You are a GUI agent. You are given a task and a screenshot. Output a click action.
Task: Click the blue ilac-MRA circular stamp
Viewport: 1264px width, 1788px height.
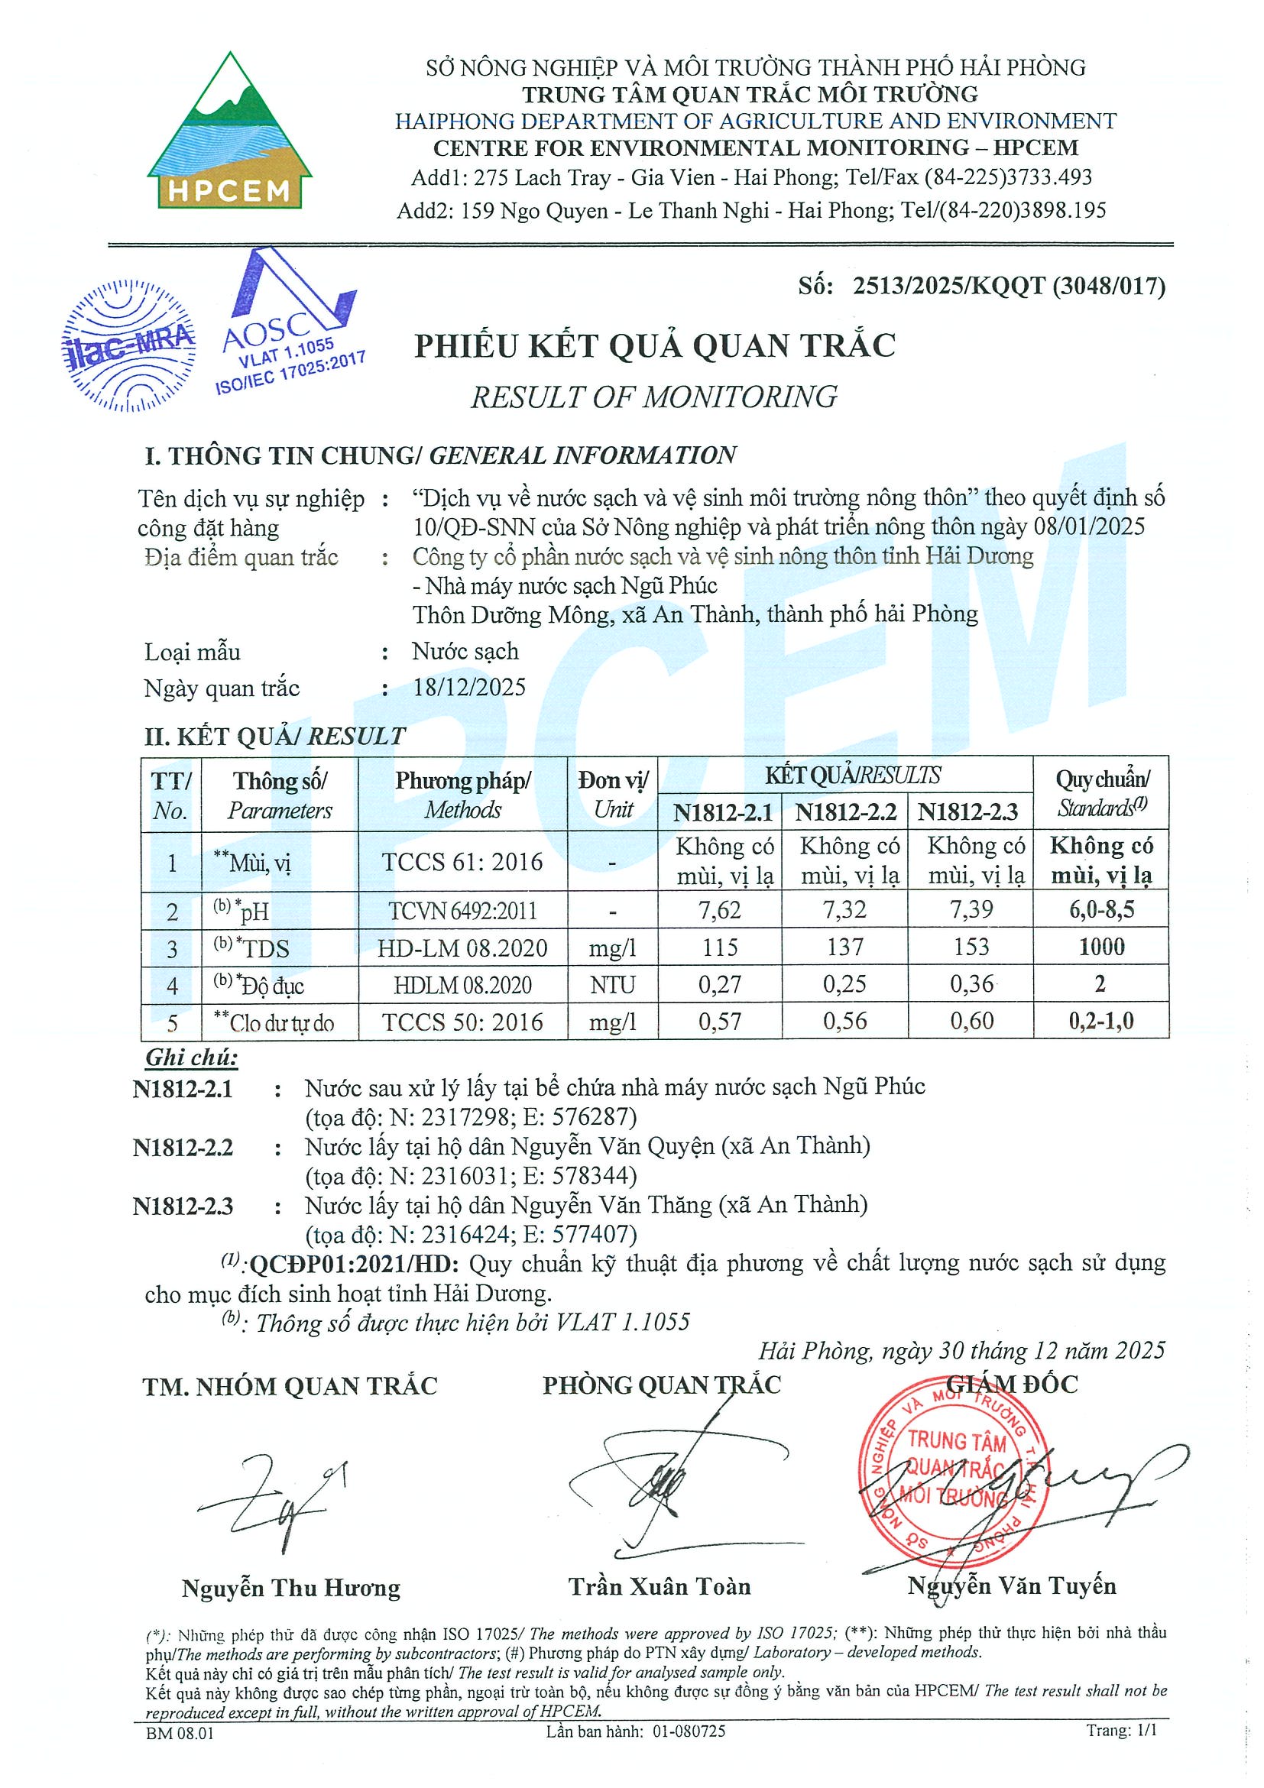click(x=128, y=345)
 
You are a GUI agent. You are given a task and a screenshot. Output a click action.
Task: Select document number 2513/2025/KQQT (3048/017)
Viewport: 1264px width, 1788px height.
click(x=1009, y=286)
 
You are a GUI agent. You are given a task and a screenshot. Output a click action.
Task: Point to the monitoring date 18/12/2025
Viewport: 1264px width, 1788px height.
click(x=468, y=687)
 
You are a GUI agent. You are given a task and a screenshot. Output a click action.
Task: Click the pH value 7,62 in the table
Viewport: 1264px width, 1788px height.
click(x=719, y=909)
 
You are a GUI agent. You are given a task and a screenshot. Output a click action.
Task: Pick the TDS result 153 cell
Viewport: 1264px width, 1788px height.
click(x=971, y=947)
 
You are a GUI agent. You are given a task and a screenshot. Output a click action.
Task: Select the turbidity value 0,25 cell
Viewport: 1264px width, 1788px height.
click(x=844, y=984)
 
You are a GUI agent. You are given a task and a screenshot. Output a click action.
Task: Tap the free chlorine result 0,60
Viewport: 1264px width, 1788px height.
click(x=971, y=1021)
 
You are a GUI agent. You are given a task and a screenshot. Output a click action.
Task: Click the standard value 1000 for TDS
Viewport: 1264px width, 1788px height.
click(x=1100, y=947)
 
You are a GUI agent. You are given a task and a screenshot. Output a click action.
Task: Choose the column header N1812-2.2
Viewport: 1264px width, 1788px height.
click(x=845, y=812)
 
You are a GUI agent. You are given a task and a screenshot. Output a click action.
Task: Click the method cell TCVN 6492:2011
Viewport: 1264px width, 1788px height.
click(x=462, y=910)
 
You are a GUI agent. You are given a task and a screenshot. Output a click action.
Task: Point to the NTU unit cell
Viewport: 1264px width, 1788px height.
click(x=612, y=985)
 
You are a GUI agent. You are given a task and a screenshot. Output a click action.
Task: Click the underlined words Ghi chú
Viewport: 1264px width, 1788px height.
click(x=192, y=1058)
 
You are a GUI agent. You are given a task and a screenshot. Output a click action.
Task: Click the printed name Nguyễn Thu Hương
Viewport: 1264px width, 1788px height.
click(x=290, y=1588)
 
